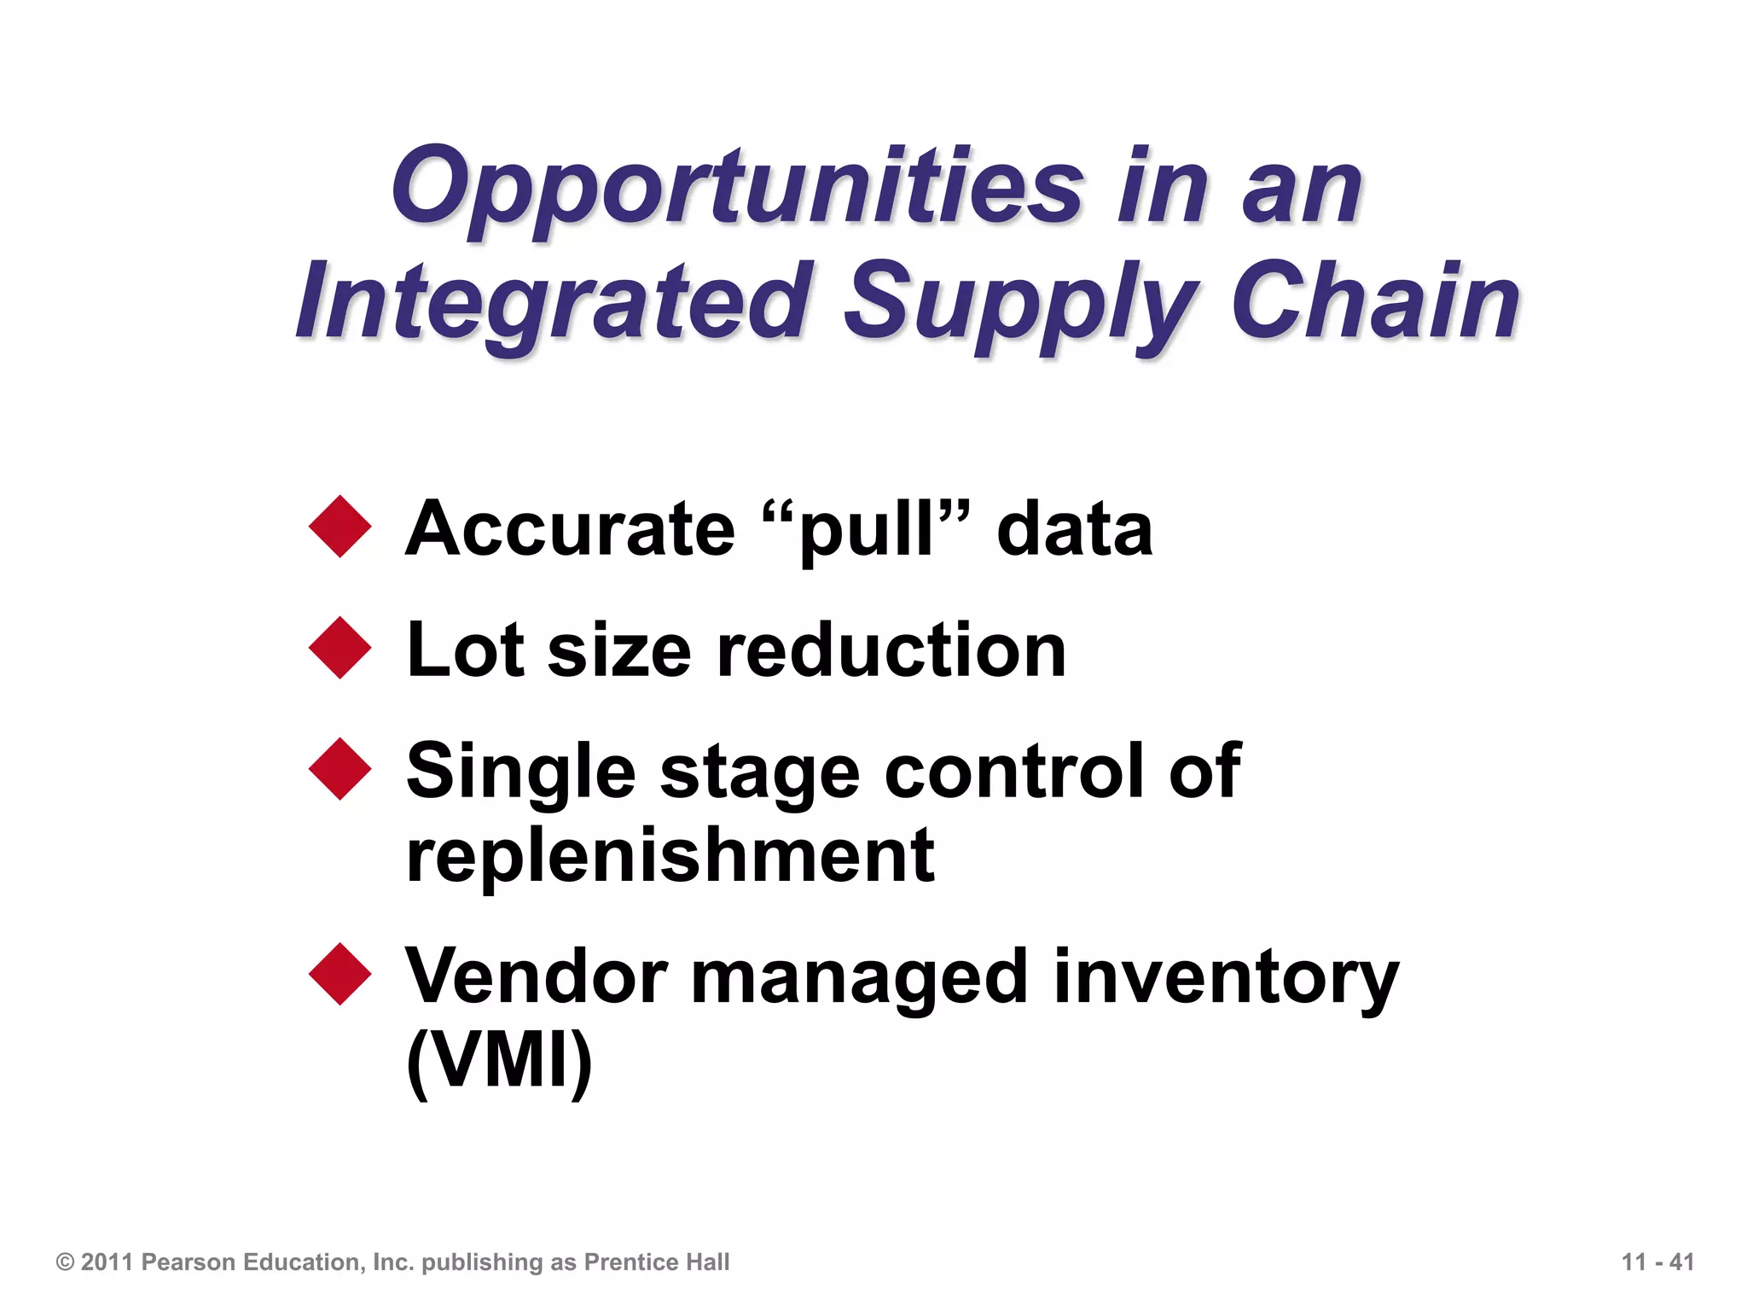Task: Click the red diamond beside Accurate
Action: [x=340, y=527]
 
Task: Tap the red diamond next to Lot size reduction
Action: [x=340, y=648]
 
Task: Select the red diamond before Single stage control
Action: [x=340, y=769]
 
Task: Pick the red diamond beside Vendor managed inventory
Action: [x=340, y=974]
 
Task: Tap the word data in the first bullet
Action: [x=1075, y=529]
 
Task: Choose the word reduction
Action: [x=892, y=650]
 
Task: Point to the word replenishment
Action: [x=670, y=856]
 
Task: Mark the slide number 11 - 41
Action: [x=1657, y=1261]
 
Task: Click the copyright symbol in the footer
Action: [x=65, y=1261]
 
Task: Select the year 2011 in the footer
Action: [x=107, y=1261]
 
